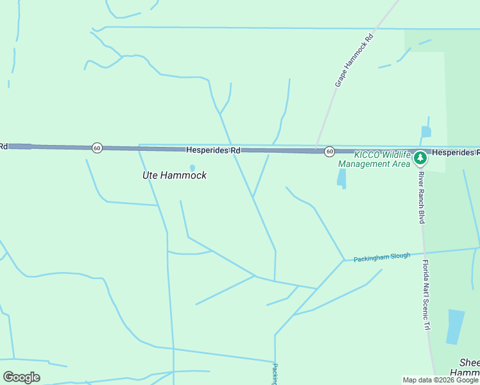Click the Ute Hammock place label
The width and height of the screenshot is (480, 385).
click(174, 175)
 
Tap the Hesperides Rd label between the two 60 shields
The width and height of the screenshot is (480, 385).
click(213, 150)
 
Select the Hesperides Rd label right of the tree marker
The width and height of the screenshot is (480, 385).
click(455, 153)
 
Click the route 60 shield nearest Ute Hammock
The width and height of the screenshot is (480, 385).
click(97, 148)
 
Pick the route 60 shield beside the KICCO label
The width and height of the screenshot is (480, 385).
click(329, 151)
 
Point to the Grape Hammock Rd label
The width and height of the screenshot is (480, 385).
click(354, 61)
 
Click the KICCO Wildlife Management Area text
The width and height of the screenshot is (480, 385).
click(374, 159)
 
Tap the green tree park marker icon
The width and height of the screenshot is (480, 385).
click(420, 157)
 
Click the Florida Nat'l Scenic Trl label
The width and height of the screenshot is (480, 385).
click(425, 295)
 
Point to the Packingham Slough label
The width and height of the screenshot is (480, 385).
click(382, 257)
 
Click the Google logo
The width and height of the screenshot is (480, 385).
click(21, 377)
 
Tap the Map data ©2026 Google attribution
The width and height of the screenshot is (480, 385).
click(440, 380)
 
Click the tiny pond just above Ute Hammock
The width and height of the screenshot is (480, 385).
click(193, 168)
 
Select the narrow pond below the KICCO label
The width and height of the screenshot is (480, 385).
click(341, 178)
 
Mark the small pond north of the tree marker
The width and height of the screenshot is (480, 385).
click(426, 132)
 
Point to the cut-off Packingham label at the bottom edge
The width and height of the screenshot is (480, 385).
click(275, 374)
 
